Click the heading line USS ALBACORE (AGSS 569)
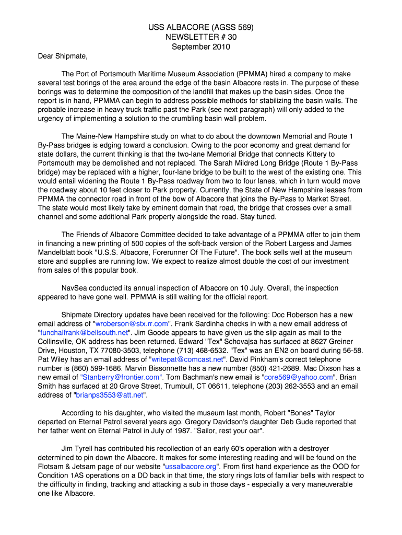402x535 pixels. [201, 28]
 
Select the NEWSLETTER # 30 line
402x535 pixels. [201, 37]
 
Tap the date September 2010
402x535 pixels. [201, 46]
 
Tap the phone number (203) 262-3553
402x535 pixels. [292, 386]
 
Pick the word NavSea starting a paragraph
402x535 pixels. [76, 288]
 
